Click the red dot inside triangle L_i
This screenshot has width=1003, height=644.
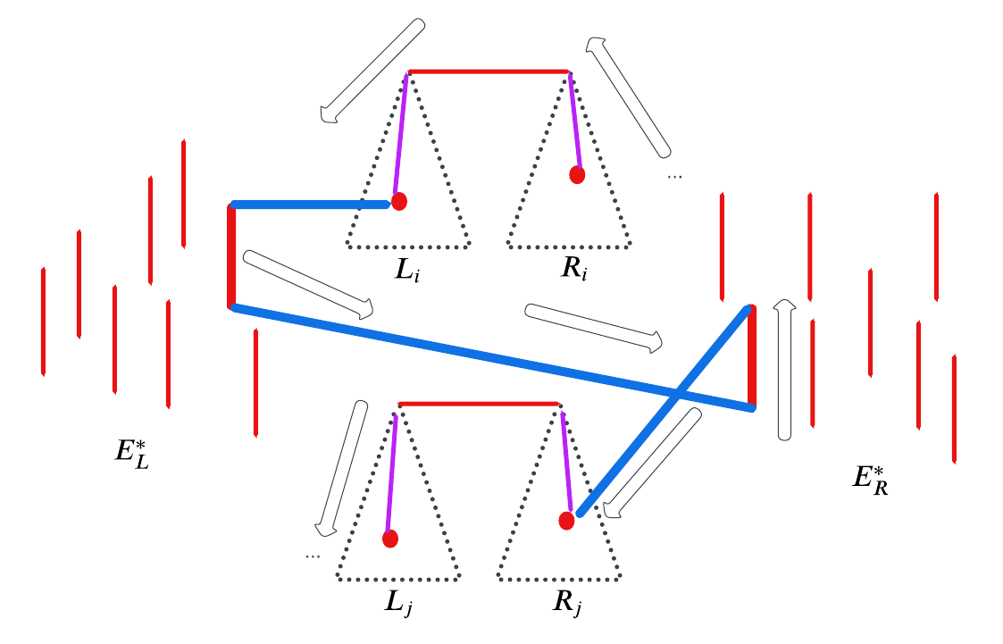point(399,202)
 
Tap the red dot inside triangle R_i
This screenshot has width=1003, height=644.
point(577,175)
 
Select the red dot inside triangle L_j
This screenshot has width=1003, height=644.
point(390,539)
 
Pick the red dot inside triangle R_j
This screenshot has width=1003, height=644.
point(566,521)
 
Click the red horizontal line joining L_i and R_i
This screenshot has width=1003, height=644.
point(489,71)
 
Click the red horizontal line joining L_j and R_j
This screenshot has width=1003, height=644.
point(480,404)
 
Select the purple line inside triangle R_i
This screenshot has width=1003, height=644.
point(573,121)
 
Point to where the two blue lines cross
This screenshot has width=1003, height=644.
point(678,393)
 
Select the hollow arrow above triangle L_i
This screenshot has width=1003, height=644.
point(372,71)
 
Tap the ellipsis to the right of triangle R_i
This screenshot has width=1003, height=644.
point(674,177)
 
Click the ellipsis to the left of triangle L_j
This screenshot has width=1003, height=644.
point(312,556)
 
